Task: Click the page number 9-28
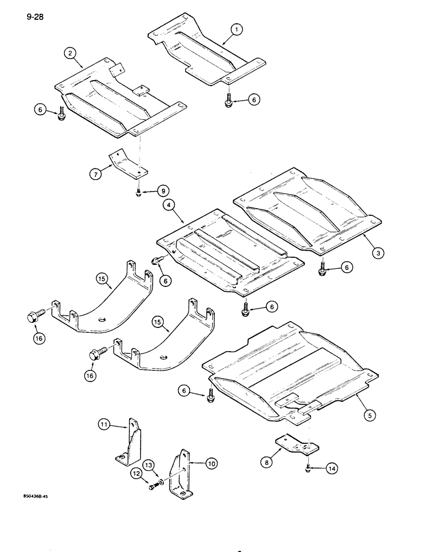pyautogui.click(x=34, y=17)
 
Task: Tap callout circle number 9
pyautogui.click(x=162, y=191)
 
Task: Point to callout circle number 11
pyautogui.click(x=105, y=424)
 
